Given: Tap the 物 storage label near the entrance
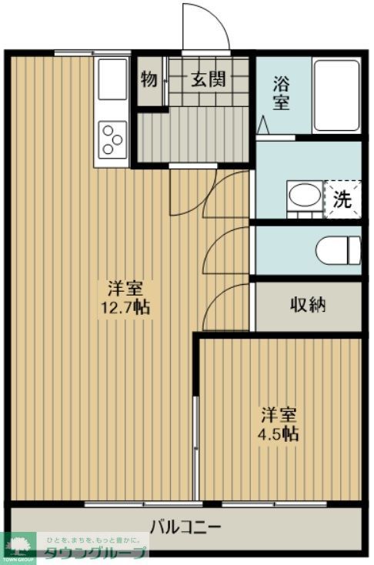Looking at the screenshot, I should click(149, 79).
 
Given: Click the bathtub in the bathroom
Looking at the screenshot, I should click(337, 94).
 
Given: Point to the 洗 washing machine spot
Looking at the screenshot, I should click(342, 199).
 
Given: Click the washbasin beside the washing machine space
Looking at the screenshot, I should click(302, 195).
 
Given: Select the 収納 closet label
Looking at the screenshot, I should click(308, 304).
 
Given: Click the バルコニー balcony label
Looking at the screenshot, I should click(185, 528).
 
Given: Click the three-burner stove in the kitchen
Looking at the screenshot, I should click(112, 140).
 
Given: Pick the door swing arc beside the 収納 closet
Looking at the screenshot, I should click(227, 302).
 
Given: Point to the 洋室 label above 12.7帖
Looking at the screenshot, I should click(125, 289).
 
